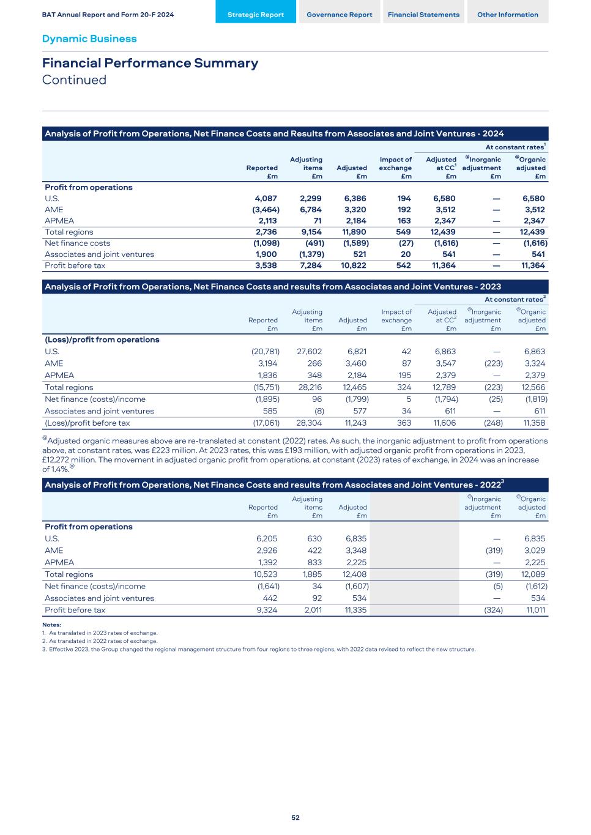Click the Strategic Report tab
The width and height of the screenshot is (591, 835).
255,15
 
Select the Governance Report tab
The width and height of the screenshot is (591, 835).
339,15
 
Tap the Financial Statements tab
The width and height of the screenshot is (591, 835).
423,15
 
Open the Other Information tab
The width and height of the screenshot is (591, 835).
507,15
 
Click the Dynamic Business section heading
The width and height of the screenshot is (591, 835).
89,39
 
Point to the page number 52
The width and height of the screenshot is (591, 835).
295,817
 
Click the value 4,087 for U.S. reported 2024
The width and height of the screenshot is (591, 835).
266,198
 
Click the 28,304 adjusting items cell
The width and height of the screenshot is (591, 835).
310,423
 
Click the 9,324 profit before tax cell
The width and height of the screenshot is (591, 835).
267,610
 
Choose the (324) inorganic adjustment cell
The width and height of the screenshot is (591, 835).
493,610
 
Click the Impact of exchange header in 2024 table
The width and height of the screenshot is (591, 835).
395,168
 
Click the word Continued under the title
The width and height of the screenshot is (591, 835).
74,80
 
